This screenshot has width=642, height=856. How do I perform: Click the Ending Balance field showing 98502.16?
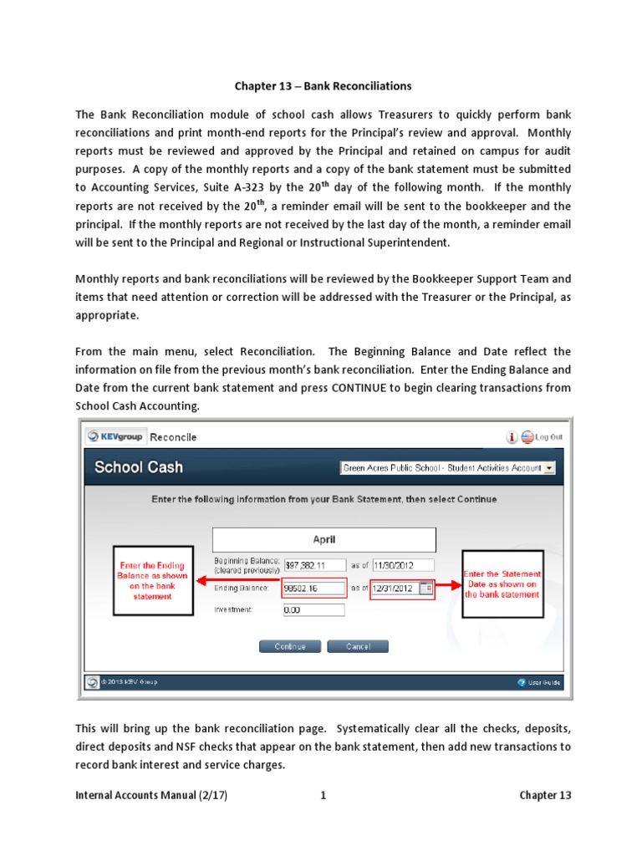coord(313,588)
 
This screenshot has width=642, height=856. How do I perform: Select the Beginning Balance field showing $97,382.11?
coord(313,564)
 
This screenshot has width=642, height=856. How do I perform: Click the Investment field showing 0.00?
coord(313,610)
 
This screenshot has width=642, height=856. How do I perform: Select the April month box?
coord(324,540)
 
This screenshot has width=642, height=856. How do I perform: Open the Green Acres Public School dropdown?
coord(447,468)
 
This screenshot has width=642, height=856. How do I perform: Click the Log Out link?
coord(548,436)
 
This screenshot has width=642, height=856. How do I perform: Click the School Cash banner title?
coord(139,467)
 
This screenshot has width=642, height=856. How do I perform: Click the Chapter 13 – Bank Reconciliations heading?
coord(323,86)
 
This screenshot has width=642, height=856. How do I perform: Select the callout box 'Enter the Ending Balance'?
coord(152,581)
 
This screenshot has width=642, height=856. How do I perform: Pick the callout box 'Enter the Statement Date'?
coord(502,583)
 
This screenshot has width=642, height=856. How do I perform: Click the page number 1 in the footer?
coord(323,795)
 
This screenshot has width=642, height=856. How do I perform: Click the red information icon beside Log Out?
coord(512,436)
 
